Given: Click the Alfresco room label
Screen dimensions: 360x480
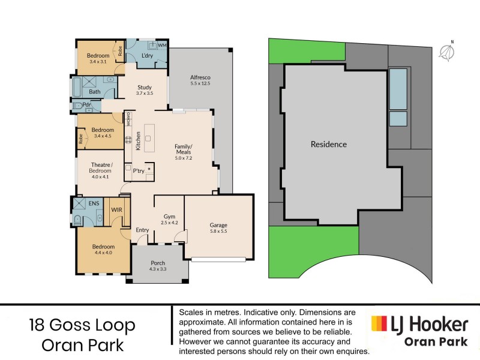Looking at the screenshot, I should coord(200,77).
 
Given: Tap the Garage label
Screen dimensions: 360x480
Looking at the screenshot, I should coord(218,226).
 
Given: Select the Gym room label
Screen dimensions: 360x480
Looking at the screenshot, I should coord(169,217).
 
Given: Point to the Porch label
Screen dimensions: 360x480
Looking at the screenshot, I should coord(158,263).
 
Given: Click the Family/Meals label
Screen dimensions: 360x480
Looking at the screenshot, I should coord(183,149).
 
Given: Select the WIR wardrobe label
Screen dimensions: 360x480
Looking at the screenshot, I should coord(117,210).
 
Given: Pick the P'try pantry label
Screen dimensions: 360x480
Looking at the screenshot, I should coord(138,171).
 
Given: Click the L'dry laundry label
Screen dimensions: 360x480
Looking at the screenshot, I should coord(147,56).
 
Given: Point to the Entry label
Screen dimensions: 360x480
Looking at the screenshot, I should coord(142,230).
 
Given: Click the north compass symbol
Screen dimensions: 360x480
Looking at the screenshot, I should coord(446,52).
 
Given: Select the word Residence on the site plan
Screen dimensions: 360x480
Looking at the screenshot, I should coord(328,145).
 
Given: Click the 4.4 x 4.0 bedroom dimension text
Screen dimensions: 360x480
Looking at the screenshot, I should coord(103,252).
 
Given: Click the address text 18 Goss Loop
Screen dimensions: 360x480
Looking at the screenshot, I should coord(82,326).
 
